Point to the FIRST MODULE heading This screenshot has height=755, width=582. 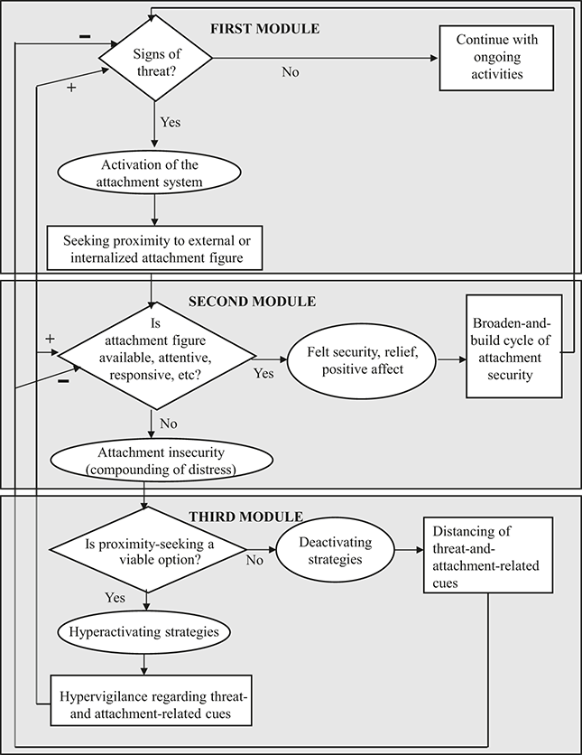264,28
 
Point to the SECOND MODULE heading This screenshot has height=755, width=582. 252,300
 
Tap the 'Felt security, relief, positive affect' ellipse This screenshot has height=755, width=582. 358,359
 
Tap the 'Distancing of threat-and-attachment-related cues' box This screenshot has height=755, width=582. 485,555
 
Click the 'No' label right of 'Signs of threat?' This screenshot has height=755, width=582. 290,72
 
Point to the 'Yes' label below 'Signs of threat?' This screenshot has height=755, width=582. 170,120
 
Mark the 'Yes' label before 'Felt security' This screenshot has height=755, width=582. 263,372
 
